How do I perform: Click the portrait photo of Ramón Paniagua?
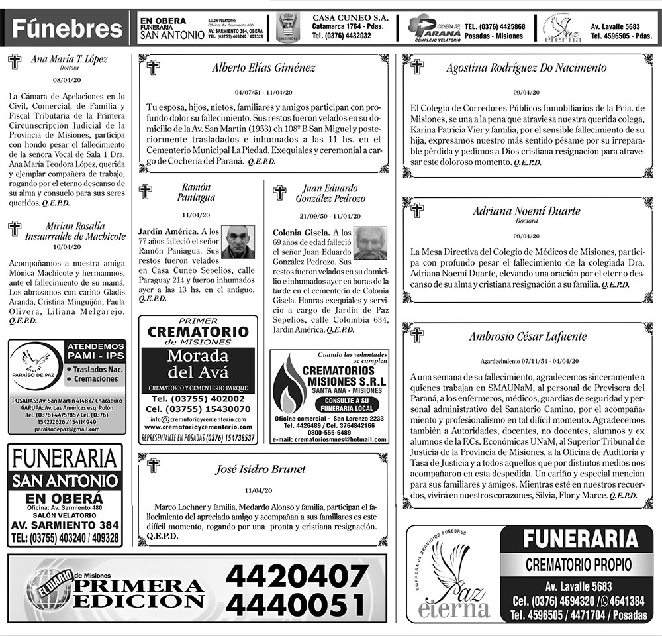pyautogui.click(x=238, y=242)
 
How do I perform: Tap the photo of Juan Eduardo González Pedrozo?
pyautogui.click(x=369, y=243)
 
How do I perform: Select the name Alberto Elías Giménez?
pyautogui.click(x=263, y=68)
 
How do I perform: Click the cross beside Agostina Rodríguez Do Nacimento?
pyautogui.click(x=417, y=66)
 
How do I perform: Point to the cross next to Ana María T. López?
pyautogui.click(x=15, y=62)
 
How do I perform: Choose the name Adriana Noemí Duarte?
pyautogui.click(x=526, y=211)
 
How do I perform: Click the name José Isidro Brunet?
pyautogui.click(x=261, y=470)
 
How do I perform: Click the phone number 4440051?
pyautogui.click(x=297, y=604)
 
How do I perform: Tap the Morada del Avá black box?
pyautogui.click(x=197, y=364)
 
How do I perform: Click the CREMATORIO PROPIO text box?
pyautogui.click(x=579, y=565)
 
